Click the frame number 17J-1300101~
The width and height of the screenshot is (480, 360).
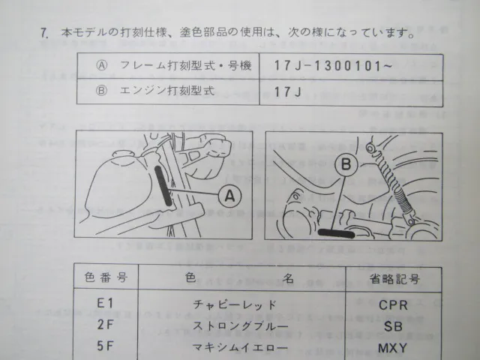(333, 65)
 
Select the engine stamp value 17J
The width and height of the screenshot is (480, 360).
(287, 91)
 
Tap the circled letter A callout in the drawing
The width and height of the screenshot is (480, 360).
(230, 196)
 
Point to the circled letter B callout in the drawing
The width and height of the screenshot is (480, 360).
(346, 164)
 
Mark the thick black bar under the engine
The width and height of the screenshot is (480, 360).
(336, 233)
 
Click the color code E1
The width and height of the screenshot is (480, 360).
(105, 303)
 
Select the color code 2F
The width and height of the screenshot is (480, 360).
(105, 325)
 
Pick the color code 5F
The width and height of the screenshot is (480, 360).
(105, 346)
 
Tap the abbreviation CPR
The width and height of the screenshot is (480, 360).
(393, 305)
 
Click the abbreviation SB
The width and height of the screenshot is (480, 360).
(393, 326)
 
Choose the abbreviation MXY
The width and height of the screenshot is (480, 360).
(393, 348)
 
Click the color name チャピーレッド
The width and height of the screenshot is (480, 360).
(235, 304)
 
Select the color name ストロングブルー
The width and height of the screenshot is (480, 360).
(240, 325)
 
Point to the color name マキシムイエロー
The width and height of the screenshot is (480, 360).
(240, 347)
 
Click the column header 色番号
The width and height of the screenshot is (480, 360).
(106, 277)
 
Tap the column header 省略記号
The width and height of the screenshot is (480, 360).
(394, 279)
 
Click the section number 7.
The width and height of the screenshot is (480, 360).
(45, 33)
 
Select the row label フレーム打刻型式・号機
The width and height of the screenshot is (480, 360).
(174, 65)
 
